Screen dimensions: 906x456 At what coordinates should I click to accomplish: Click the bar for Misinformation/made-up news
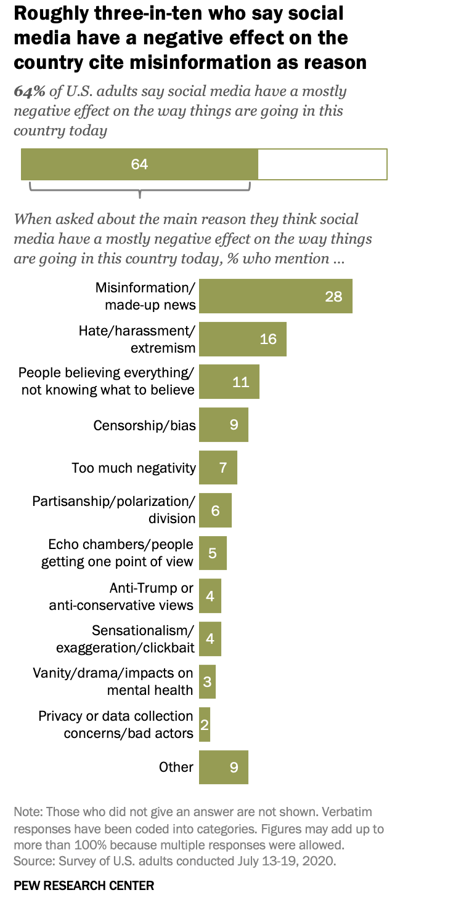[275, 296]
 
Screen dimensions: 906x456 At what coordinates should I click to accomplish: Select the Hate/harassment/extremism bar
[243, 339]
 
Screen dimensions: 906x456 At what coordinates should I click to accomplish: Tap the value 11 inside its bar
[240, 382]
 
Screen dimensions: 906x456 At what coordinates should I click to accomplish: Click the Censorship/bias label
[144, 425]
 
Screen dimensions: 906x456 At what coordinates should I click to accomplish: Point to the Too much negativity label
[134, 468]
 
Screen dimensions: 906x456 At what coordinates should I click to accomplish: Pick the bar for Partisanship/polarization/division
[215, 510]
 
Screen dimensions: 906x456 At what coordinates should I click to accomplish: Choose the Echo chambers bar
[213, 553]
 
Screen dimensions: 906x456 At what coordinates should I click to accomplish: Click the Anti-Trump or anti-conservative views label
[121, 596]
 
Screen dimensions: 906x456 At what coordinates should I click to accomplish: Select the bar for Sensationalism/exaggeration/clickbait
[210, 639]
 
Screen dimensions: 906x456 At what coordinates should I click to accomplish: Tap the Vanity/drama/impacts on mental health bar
[207, 681]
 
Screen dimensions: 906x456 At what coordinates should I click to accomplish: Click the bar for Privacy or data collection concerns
[205, 724]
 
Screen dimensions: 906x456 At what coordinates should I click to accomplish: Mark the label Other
[176, 767]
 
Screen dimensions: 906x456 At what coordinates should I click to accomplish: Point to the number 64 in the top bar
[140, 164]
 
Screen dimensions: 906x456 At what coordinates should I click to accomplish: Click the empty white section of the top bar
[322, 164]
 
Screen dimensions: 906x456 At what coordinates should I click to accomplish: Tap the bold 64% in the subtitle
[29, 92]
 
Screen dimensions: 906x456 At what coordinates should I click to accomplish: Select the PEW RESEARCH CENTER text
[84, 886]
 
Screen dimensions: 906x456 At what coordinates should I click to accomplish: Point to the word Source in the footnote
[31, 860]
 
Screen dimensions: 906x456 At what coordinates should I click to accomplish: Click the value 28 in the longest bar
[333, 296]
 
